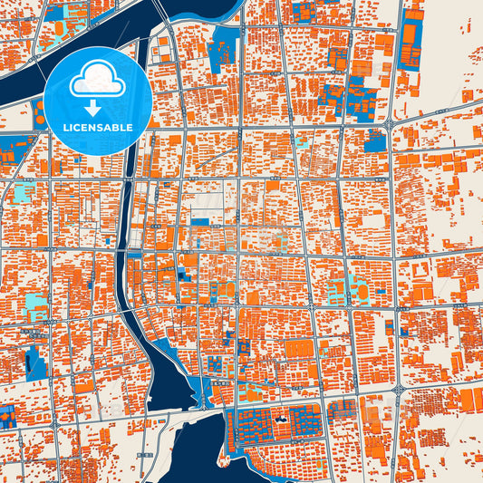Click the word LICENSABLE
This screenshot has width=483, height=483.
click(96, 128)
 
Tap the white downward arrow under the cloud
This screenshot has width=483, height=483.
click(96, 106)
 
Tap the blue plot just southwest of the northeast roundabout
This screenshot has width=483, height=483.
click(373, 141)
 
